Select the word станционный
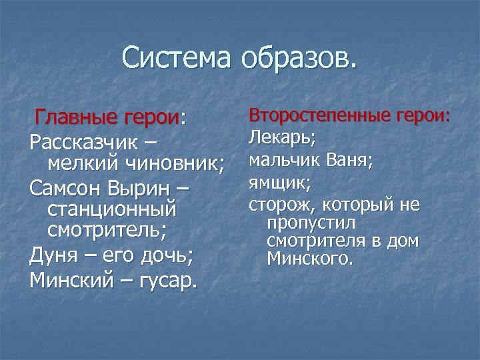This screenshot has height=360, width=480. [113, 210]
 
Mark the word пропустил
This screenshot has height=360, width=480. [311, 222]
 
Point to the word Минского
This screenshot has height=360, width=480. [309, 257]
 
